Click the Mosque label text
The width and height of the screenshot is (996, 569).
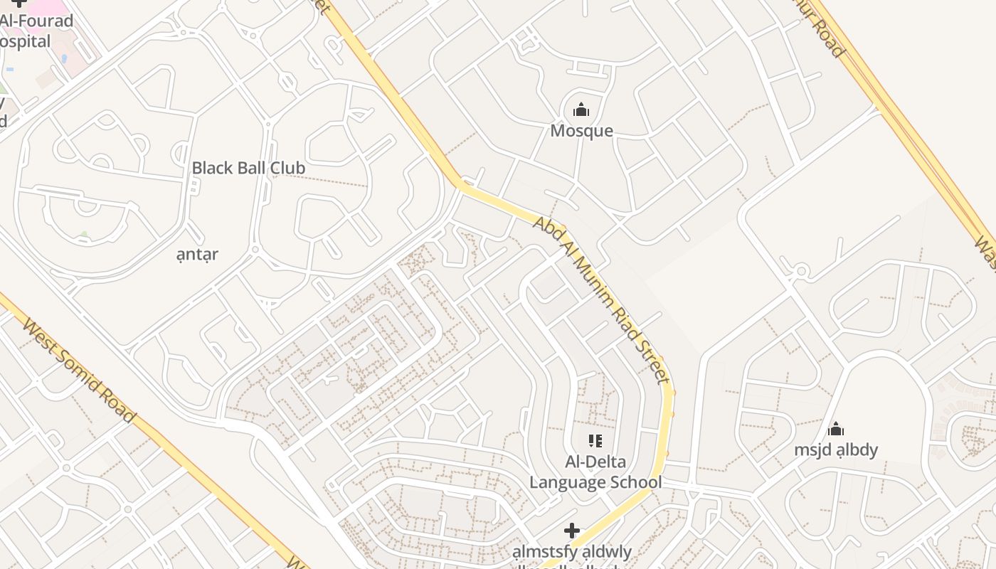(581, 131)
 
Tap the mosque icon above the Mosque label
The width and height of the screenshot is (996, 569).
(581, 110)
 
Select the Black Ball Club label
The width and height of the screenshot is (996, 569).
(248, 168)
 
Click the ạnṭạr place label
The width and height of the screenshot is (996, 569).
(197, 254)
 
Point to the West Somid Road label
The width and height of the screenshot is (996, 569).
(78, 370)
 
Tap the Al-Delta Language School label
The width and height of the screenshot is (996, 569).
(595, 472)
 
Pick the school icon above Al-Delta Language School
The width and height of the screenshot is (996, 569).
(595, 441)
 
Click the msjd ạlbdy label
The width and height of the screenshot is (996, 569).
(836, 450)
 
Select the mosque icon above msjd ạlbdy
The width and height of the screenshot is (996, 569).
(836, 429)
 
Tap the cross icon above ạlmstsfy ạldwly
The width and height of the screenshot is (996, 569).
(571, 531)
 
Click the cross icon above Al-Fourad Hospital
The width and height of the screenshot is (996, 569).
(19, 3)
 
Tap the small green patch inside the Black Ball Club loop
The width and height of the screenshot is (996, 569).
(85, 234)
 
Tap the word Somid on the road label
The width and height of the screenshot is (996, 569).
(78, 370)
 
